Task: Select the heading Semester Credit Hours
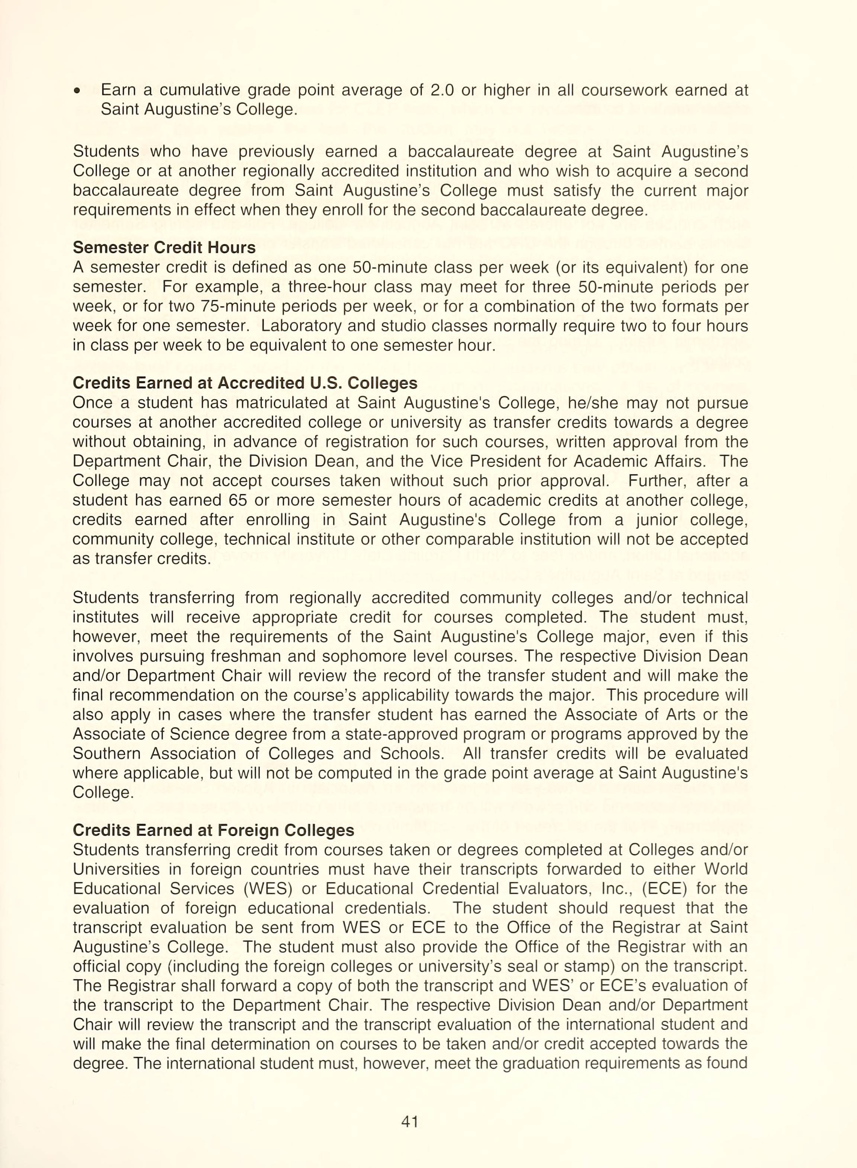tap(164, 247)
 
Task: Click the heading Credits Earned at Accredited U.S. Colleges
tap(245, 383)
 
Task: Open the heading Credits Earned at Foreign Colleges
tap(213, 830)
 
